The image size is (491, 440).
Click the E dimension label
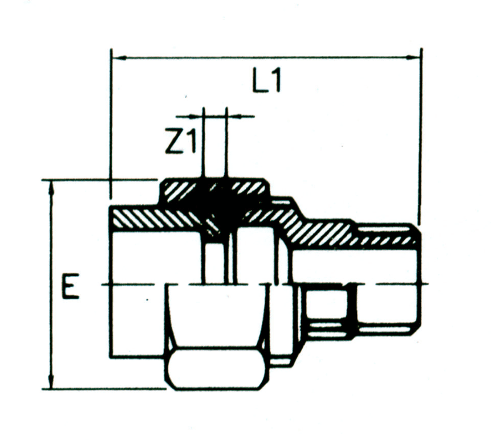pos(70,287)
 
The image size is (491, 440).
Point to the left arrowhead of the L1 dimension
pos(116,57)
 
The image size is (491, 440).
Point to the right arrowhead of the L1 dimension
pos(417,57)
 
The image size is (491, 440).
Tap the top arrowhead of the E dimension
pos(52,185)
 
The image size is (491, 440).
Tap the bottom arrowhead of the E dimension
pos(52,384)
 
